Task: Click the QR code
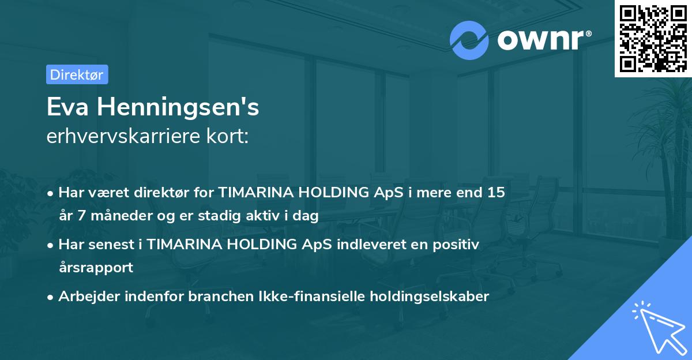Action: click(x=653, y=38)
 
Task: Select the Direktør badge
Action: click(x=77, y=74)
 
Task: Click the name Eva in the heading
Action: click(x=68, y=107)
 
